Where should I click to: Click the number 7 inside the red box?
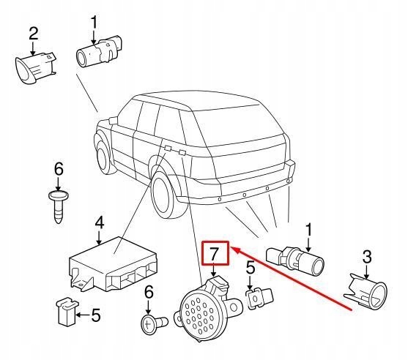[215, 255]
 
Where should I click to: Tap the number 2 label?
[33, 33]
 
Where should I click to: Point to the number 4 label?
[100, 222]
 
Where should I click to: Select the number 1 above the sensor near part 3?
[308, 230]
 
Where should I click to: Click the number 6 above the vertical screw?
[59, 170]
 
